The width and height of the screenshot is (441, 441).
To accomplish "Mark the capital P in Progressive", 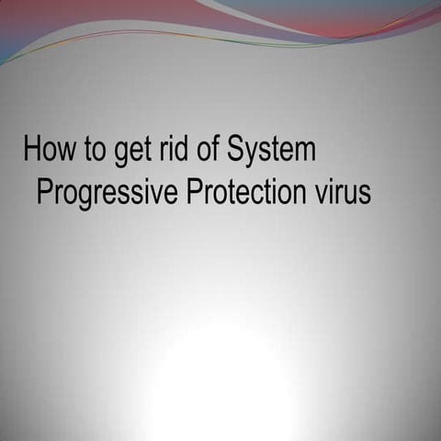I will click(x=44, y=193).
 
